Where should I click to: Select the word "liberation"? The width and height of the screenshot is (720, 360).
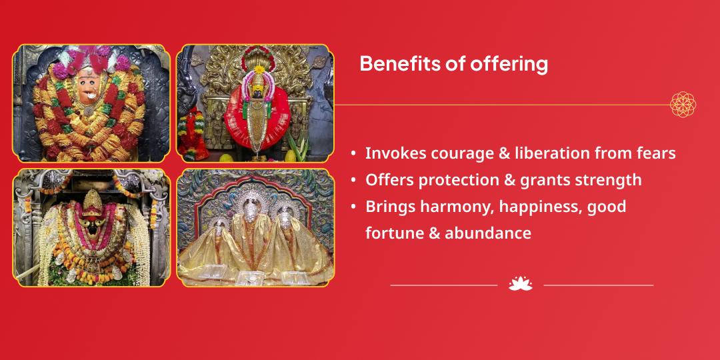click(539, 153)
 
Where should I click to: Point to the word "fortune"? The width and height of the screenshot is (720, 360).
click(390, 233)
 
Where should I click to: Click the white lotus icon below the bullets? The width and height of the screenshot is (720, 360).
click(520, 284)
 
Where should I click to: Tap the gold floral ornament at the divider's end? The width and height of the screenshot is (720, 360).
click(683, 105)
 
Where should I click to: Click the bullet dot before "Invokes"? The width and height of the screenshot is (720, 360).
click(353, 154)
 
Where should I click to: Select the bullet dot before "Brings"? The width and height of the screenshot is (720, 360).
click(353, 207)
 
